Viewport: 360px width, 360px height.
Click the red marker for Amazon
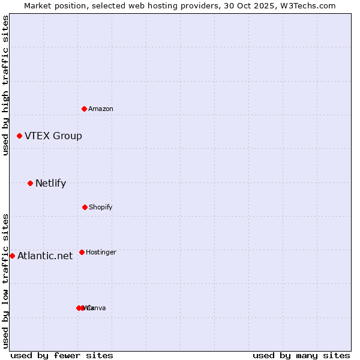[85, 109]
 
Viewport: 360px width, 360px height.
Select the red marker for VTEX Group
[20, 136]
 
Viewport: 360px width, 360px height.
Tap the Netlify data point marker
[31, 183]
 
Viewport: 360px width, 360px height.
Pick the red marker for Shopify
[85, 207]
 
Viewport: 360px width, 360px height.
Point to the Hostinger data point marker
[82, 252]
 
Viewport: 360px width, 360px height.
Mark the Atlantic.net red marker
[13, 256]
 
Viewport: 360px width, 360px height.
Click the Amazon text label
[101, 109]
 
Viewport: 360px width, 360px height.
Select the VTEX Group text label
[53, 136]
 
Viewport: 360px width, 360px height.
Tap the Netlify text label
[50, 184]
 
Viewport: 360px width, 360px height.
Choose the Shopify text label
[101, 207]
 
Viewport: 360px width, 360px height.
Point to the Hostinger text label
[101, 252]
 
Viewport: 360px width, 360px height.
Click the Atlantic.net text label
[45, 256]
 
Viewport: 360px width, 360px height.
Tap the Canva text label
[97, 308]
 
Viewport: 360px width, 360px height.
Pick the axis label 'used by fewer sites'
[62, 355]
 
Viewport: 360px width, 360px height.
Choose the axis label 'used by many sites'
[301, 355]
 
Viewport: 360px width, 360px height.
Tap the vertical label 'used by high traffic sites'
[6, 85]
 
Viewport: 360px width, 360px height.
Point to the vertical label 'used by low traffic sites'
[6, 281]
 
